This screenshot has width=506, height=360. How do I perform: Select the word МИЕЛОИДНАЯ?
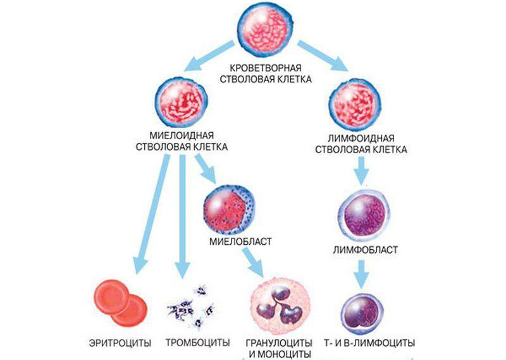pyautogui.click(x=182, y=136)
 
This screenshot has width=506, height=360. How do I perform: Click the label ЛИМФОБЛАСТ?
pyautogui.click(x=365, y=249)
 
